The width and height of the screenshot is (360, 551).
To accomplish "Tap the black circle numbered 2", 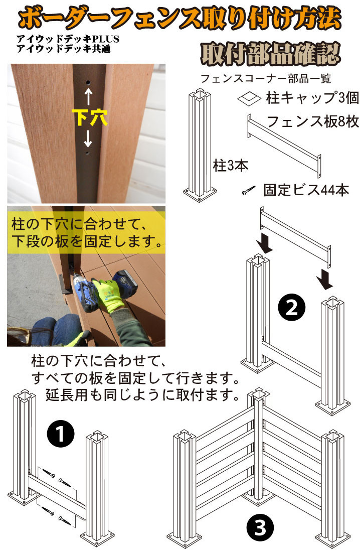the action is point(292,308).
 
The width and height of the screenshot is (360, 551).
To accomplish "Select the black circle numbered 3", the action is point(260,527).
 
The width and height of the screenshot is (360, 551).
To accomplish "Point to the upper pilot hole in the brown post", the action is point(88,83).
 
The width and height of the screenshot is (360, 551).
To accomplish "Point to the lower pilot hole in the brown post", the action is point(88,154).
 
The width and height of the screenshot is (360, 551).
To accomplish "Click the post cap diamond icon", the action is point(249,98).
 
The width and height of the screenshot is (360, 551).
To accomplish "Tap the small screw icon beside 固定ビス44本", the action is point(249,191).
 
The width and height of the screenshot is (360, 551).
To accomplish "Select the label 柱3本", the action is point(231,165).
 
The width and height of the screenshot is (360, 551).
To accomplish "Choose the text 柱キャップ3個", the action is point(312,98).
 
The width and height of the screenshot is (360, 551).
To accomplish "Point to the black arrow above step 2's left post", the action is point(264,243).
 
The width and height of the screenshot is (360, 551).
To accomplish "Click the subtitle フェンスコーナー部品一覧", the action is point(266,78).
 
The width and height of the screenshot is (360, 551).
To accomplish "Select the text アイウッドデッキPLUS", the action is point(68,39).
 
